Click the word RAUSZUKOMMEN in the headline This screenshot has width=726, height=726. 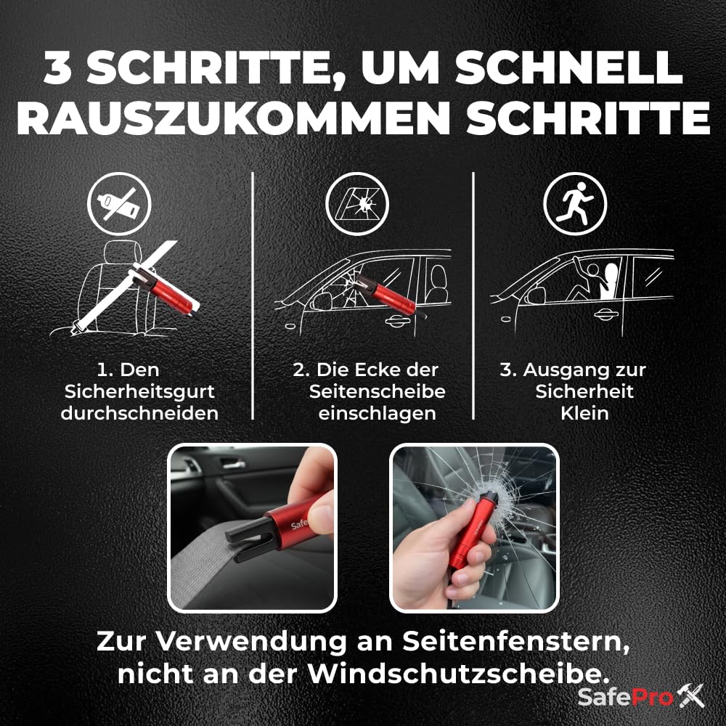pyautogui.click(x=233, y=118)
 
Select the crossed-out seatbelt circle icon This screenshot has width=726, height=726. pyautogui.click(x=119, y=204)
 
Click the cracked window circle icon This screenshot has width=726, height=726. pyautogui.click(x=357, y=204)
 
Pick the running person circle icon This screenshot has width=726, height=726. pyautogui.click(x=575, y=204)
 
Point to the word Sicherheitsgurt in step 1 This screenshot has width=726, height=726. pyautogui.click(x=139, y=392)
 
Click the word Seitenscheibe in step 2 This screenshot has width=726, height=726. pyautogui.click(x=378, y=392)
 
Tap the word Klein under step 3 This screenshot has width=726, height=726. pyautogui.click(x=584, y=414)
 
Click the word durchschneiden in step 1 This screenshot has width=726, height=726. pyautogui.click(x=139, y=414)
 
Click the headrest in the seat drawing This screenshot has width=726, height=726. pyautogui.click(x=123, y=253)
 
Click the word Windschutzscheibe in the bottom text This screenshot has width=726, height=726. pyautogui.click(x=458, y=674)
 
